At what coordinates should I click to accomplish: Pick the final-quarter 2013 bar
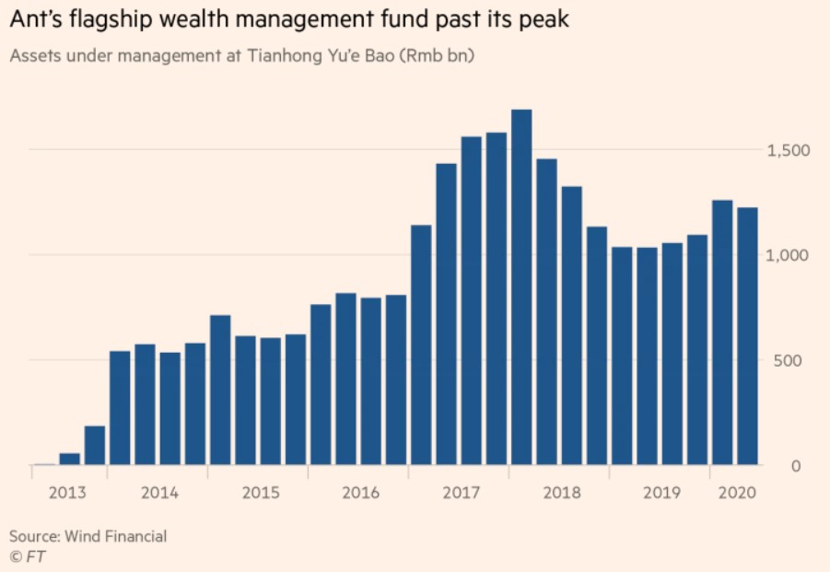coord(95,446)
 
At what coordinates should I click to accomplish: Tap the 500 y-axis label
coord(791,360)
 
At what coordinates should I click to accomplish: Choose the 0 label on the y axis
coord(797,466)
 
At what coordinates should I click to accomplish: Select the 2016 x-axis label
coord(360,492)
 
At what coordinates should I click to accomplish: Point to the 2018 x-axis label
coord(561,492)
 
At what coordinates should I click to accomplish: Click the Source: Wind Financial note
coord(88,536)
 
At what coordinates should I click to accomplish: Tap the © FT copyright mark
coord(28,556)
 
